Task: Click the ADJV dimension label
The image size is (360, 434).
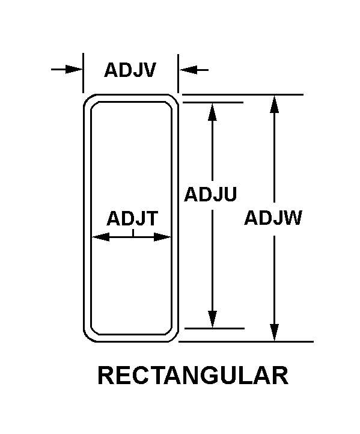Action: tap(130, 70)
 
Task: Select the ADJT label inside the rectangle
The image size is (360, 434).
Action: tap(132, 218)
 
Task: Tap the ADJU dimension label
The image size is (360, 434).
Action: tap(210, 194)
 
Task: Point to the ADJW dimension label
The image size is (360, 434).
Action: tap(273, 218)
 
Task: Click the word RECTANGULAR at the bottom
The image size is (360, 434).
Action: tap(193, 376)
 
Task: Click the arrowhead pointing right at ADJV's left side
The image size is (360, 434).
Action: tap(74, 70)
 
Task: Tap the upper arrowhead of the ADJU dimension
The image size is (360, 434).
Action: tap(212, 112)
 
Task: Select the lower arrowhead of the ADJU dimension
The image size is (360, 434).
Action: tap(212, 319)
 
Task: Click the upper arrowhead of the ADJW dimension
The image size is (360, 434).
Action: tap(274, 105)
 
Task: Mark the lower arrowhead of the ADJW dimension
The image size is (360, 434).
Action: tap(274, 332)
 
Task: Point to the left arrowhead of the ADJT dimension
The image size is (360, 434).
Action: tap(100, 237)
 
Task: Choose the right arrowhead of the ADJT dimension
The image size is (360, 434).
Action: tap(162, 237)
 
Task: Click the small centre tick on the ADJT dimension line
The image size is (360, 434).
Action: tap(133, 233)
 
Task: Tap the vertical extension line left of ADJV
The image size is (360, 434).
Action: tap(83, 73)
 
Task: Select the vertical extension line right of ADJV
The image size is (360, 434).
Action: tap(178, 73)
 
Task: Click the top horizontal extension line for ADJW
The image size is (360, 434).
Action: tap(243, 94)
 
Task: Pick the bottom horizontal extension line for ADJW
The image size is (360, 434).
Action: tap(246, 342)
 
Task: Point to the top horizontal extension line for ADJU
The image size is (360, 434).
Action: tap(213, 102)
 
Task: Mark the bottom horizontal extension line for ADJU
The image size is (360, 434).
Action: tap(215, 329)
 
